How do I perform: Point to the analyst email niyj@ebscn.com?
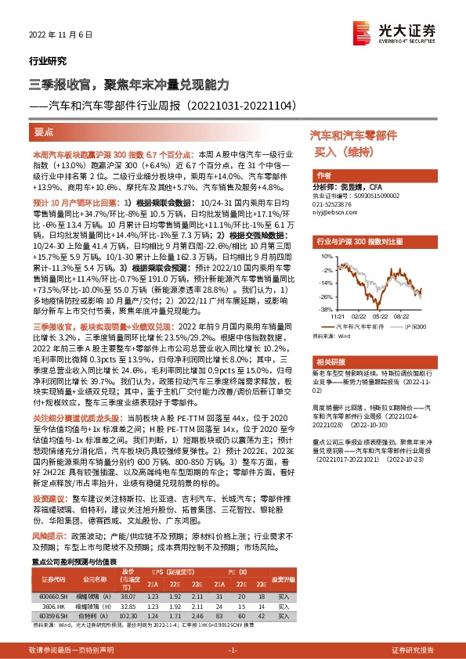click(335, 209)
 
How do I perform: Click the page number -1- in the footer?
click(232, 650)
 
